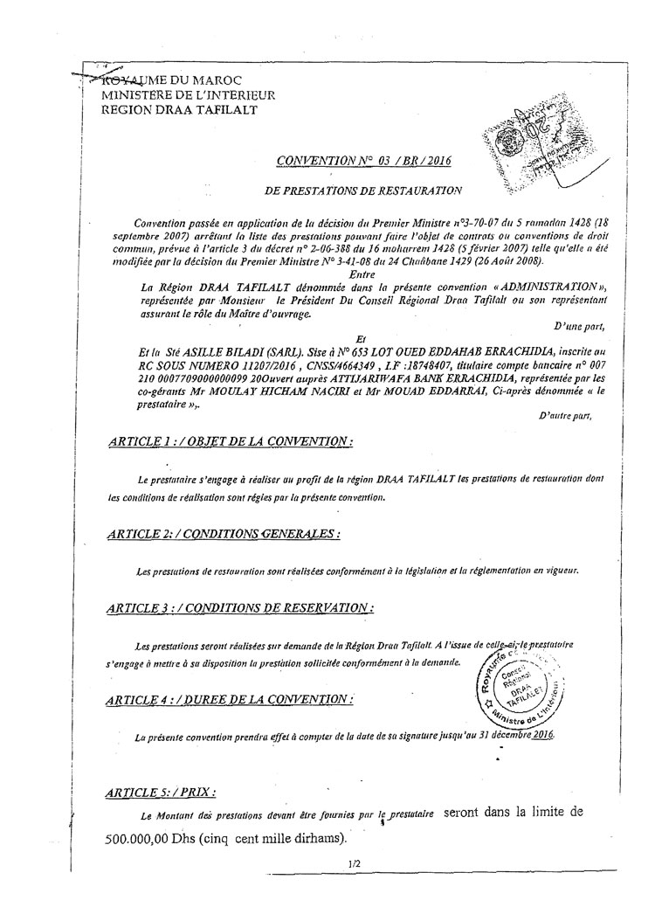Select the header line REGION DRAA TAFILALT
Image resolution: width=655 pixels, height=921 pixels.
179,108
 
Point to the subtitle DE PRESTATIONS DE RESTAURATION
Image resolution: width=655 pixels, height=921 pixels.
362,189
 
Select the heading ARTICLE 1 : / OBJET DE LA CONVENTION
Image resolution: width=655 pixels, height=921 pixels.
228,443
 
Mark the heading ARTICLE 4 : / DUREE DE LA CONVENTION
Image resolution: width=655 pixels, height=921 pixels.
228,699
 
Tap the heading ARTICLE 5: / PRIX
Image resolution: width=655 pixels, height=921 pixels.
158,792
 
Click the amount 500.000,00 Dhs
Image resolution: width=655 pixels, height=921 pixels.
153,837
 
